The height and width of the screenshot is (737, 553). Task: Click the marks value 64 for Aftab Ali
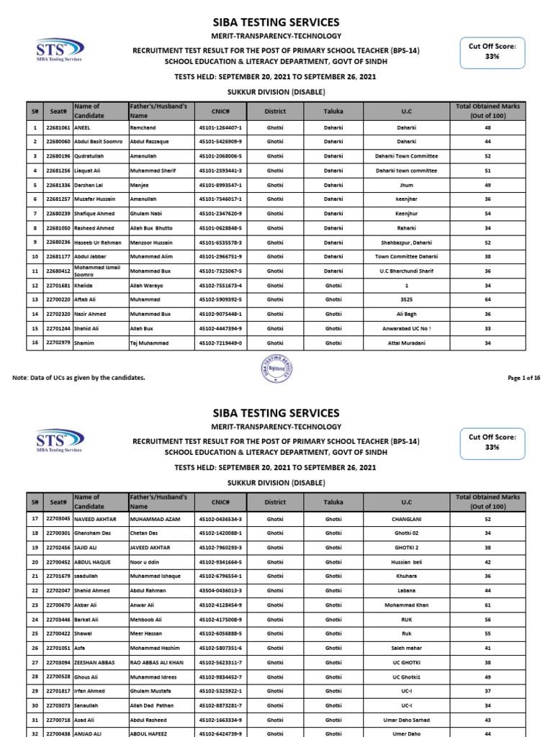pos(487,300)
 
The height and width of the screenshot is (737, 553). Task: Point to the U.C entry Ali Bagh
pos(406,314)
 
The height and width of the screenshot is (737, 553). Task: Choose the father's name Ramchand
pos(143,127)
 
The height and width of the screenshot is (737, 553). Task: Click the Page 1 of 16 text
pos(523,377)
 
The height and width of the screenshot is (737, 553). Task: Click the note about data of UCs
pos(79,377)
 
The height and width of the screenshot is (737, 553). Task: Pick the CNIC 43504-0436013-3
pos(220,590)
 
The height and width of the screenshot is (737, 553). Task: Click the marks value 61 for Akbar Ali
pos(487,605)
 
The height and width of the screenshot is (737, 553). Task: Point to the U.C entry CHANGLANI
pos(406,519)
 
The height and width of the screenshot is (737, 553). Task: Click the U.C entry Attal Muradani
pos(406,343)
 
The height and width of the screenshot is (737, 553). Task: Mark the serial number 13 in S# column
pos(34,300)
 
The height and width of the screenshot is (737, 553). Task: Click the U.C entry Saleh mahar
pos(406,648)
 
